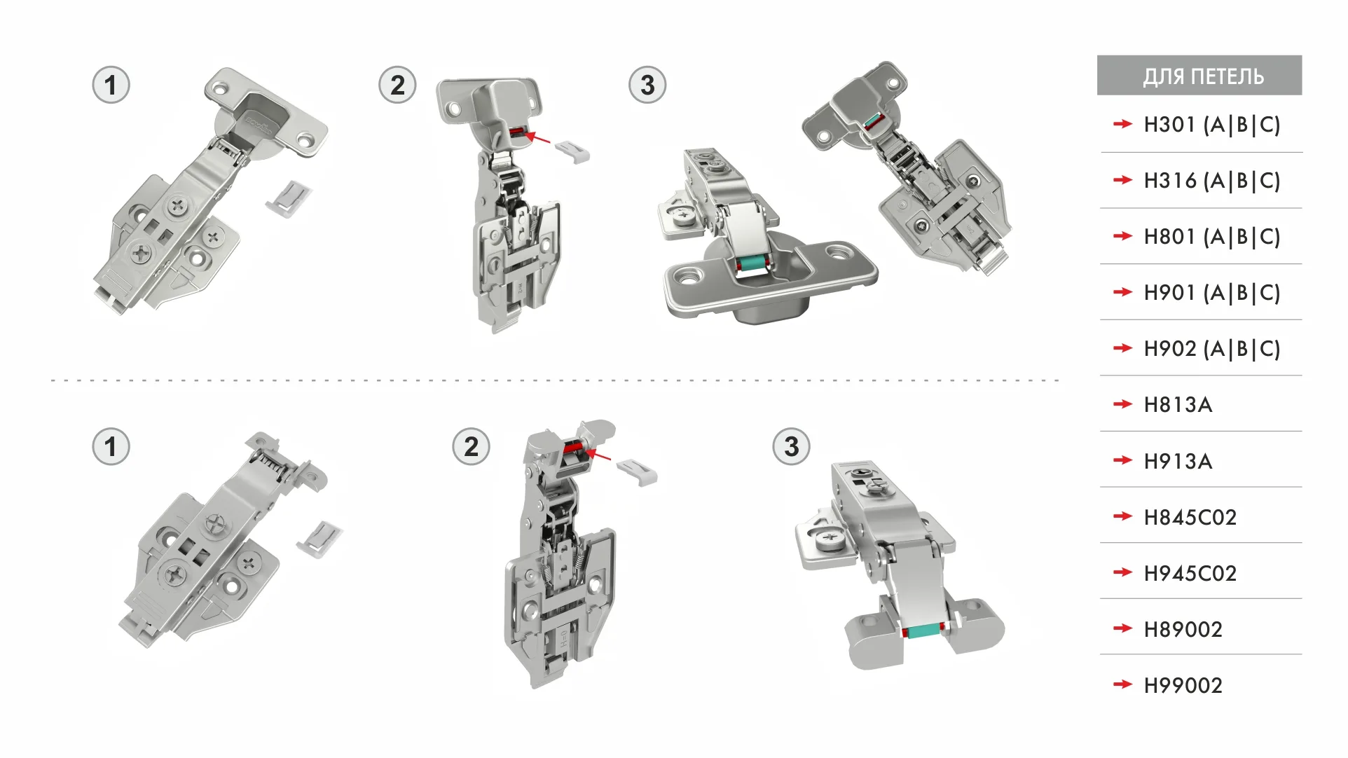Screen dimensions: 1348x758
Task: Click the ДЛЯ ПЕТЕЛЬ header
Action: pyautogui.click(x=1203, y=76)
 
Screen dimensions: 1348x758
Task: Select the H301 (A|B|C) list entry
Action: pyautogui.click(x=1211, y=125)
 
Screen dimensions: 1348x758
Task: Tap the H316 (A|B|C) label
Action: pyautogui.click(x=1211, y=181)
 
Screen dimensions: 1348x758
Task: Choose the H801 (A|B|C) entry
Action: pyautogui.click(x=1211, y=237)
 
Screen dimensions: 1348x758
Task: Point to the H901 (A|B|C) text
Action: pyautogui.click(x=1211, y=293)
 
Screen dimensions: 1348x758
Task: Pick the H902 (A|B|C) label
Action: pyautogui.click(x=1211, y=349)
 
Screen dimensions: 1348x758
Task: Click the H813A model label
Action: pyautogui.click(x=1178, y=405)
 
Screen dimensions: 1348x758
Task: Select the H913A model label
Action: pyautogui.click(x=1178, y=461)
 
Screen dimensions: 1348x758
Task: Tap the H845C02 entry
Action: pyautogui.click(x=1190, y=517)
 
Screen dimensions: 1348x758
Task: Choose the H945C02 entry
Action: pyautogui.click(x=1190, y=573)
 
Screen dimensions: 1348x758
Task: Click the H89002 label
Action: pyautogui.click(x=1183, y=629)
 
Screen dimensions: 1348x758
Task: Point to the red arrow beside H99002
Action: pyautogui.click(x=1122, y=684)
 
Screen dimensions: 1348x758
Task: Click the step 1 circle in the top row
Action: pyautogui.click(x=111, y=85)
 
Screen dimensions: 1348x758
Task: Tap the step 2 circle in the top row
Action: pyautogui.click(x=397, y=85)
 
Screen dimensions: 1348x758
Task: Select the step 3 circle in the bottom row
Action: pyautogui.click(x=791, y=446)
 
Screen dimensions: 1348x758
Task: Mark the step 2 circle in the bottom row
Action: pyautogui.click(x=471, y=446)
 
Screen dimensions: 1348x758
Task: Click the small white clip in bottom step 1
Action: pyautogui.click(x=320, y=539)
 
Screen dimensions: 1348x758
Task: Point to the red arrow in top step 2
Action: pyautogui.click(x=537, y=137)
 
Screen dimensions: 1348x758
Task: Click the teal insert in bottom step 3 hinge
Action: pyautogui.click(x=924, y=630)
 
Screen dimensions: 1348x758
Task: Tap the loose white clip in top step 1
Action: pyautogui.click(x=289, y=198)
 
